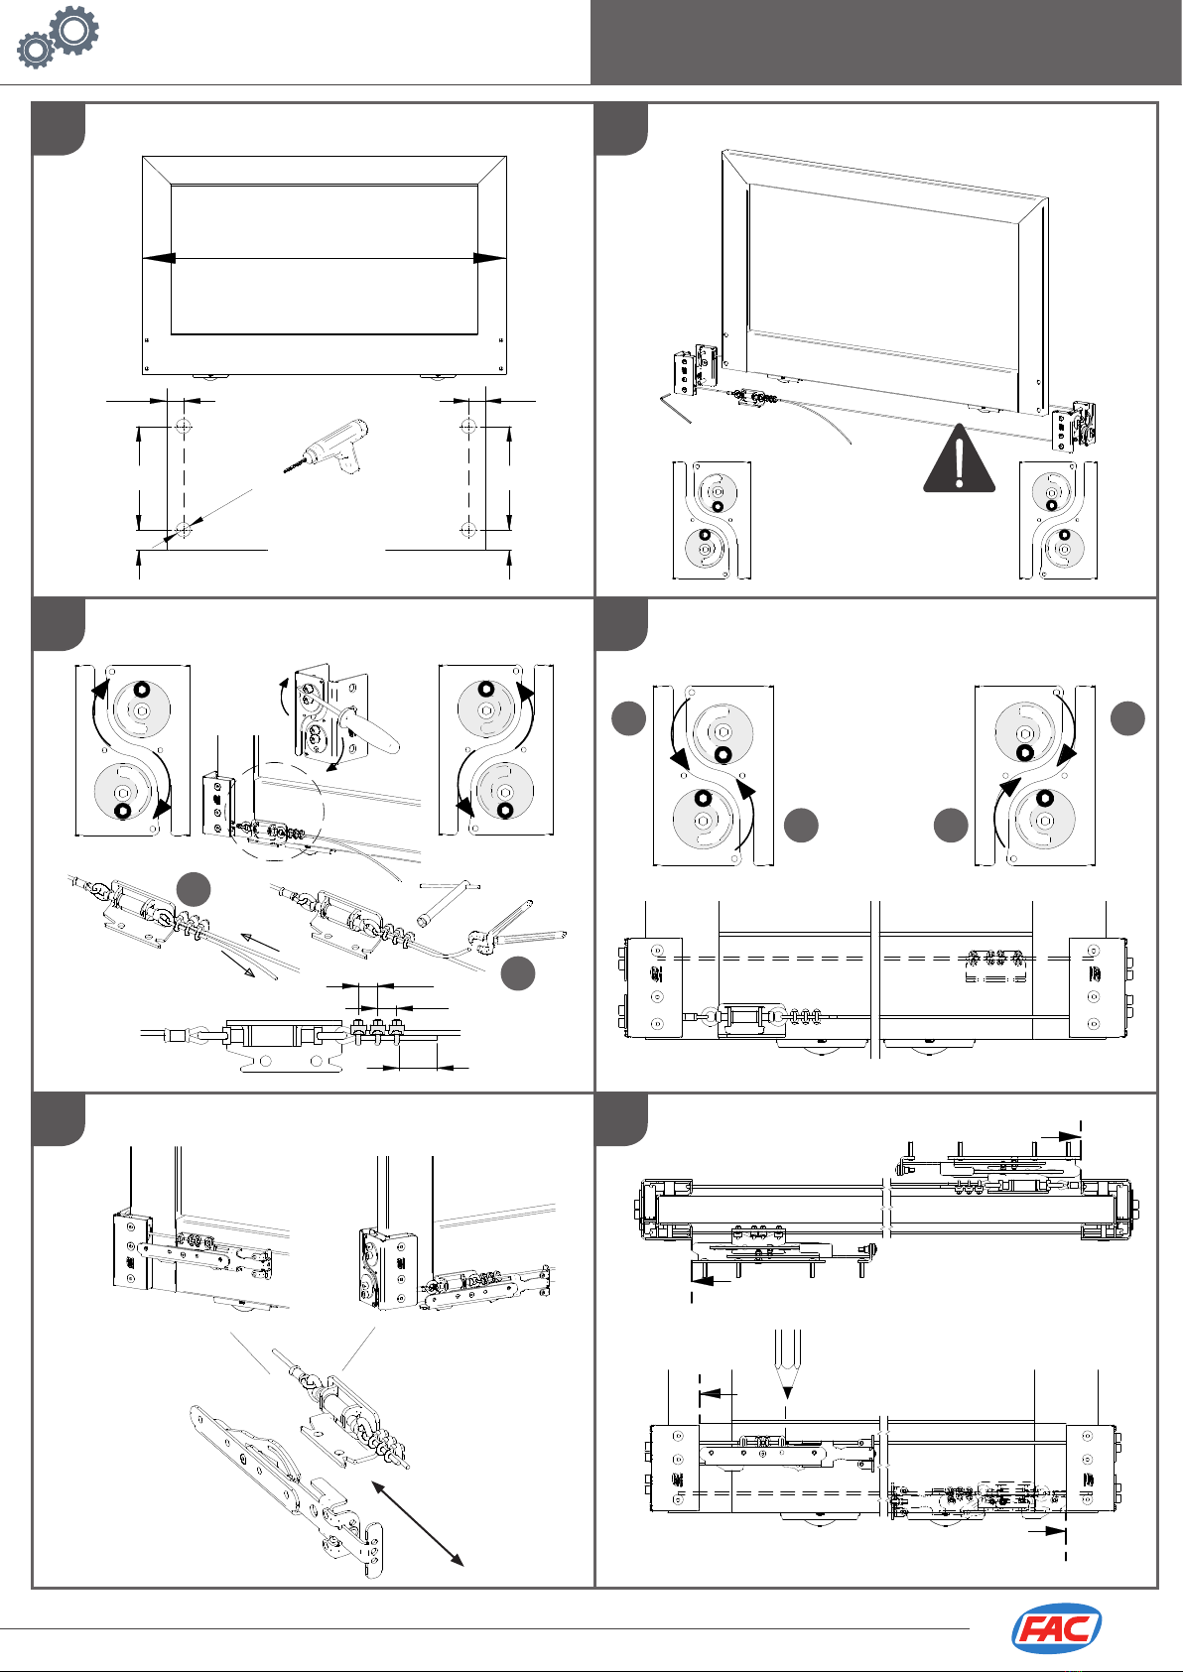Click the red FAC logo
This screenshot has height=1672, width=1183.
click(x=1056, y=1628)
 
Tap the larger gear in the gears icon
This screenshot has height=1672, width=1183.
click(x=73, y=29)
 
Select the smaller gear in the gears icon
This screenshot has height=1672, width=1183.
click(x=35, y=51)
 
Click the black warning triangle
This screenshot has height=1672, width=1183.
click(x=959, y=457)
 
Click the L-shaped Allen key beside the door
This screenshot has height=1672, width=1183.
click(x=676, y=407)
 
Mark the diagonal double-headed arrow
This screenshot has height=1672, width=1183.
click(x=417, y=1523)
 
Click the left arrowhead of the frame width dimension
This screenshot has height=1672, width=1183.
click(x=158, y=258)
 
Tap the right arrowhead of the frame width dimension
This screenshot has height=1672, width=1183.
click(x=490, y=258)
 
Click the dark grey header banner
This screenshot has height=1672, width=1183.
click(x=886, y=42)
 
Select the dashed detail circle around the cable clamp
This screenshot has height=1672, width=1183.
click(x=274, y=812)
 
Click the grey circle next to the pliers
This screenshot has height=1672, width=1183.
click(x=518, y=974)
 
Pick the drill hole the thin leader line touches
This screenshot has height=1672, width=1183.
click(x=183, y=530)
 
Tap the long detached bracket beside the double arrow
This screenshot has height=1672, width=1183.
click(x=288, y=1495)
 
